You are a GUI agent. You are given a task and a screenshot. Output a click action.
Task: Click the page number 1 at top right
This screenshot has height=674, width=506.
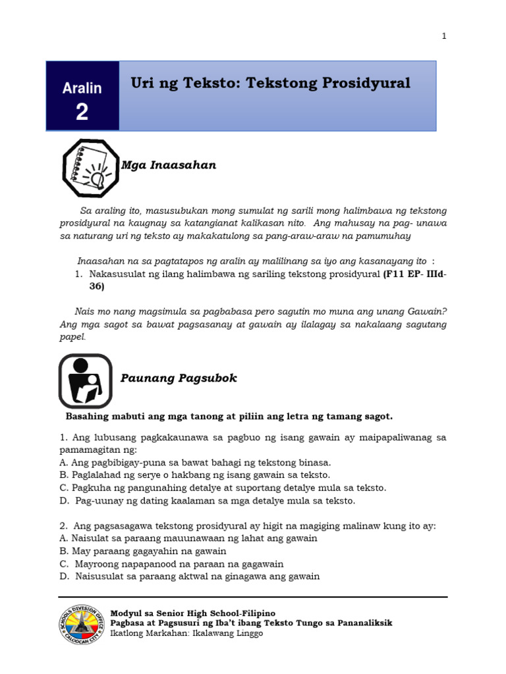click(444, 36)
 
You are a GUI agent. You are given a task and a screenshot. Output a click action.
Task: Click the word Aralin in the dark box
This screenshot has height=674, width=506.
click(82, 88)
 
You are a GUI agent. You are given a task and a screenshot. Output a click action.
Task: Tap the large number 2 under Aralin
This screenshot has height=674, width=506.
click(82, 113)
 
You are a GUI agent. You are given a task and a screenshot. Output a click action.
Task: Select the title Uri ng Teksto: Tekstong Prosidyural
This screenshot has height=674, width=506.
click(270, 83)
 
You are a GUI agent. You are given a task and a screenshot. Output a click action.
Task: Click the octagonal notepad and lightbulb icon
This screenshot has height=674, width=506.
click(91, 168)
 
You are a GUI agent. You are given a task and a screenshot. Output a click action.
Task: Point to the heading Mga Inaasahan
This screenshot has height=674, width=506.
click(169, 165)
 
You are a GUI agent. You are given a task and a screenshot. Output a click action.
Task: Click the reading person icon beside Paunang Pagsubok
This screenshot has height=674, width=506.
click(85, 381)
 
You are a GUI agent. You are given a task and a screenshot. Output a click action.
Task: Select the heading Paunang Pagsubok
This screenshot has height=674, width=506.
click(179, 378)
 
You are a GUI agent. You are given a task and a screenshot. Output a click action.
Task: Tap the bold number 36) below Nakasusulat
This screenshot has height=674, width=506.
click(97, 286)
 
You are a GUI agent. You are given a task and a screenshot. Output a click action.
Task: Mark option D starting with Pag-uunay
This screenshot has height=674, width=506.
click(207, 501)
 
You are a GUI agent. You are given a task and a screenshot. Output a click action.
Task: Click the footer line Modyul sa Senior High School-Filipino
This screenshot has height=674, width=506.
click(192, 612)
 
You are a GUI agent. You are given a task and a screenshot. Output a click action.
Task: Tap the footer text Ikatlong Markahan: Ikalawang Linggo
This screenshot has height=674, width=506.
click(186, 633)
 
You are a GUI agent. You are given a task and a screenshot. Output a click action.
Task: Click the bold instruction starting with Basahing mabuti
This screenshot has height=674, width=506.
click(229, 416)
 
